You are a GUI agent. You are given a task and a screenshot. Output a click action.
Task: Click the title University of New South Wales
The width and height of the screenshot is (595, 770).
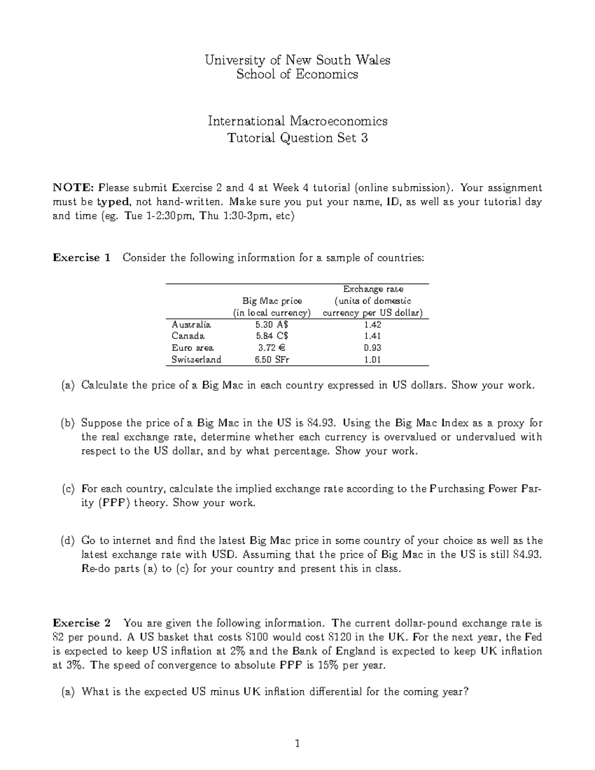pos(297,60)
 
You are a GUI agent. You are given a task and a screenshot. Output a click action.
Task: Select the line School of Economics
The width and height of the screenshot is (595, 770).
pos(297,74)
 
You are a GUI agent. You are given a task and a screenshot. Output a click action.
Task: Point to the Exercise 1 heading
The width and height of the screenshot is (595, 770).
pos(82,258)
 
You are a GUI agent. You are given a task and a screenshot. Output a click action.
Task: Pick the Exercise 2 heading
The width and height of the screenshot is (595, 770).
pos(82,623)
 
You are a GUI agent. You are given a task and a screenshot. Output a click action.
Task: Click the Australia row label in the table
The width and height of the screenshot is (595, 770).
pos(191,325)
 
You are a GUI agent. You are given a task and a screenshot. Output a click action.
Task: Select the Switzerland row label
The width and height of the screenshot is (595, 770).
pos(196,359)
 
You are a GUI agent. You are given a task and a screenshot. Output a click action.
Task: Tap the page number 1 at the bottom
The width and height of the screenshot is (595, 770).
pos(297,743)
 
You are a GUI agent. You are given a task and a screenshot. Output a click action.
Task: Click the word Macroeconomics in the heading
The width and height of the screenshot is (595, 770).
pos(339,121)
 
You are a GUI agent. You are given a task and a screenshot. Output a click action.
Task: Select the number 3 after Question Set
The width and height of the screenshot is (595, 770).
pos(364,138)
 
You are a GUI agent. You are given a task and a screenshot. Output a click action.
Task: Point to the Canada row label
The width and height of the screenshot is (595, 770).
pos(188,336)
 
